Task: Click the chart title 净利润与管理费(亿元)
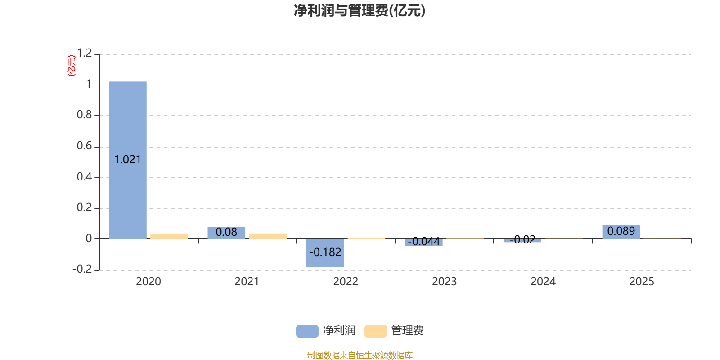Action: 360,10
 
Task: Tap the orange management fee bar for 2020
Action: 169,236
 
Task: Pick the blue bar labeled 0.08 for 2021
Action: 226,233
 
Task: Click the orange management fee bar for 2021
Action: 268,236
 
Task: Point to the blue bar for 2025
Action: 621,232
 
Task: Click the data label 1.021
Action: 128,160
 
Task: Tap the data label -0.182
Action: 325,252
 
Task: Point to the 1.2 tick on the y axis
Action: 84,54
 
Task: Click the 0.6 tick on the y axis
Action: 84,146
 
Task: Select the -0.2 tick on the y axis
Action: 82,269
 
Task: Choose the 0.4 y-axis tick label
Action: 84,177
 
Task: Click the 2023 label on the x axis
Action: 444,282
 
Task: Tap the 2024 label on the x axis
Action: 543,282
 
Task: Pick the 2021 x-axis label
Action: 247,282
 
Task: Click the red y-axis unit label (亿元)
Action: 71,66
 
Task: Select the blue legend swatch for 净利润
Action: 307,331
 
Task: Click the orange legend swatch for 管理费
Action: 376,331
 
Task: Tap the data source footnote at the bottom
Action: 360,355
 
